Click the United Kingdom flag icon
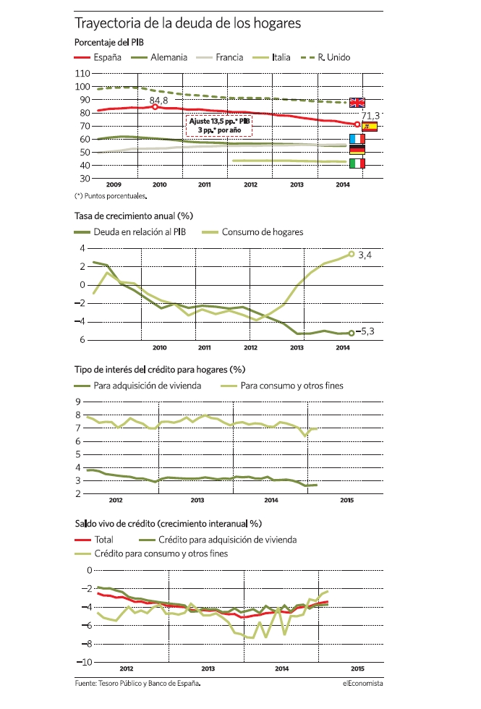click(x=357, y=103)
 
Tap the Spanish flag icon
click(x=370, y=127)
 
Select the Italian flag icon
click(x=357, y=164)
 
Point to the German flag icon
click(x=357, y=150)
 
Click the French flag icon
click(x=357, y=138)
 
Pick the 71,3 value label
click(x=370, y=116)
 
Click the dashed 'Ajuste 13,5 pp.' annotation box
click(x=218, y=126)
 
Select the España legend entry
click(x=98, y=57)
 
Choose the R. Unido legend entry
click(x=325, y=57)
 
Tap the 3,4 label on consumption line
click(x=365, y=255)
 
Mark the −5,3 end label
click(x=365, y=331)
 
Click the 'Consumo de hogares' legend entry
click(x=252, y=232)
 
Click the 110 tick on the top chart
click(x=82, y=73)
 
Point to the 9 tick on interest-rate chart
click(x=78, y=402)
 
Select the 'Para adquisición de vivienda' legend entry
click(x=138, y=386)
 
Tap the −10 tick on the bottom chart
click(x=84, y=662)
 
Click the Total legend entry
click(x=94, y=540)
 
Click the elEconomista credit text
click(x=362, y=683)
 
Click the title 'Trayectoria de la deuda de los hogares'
click(x=187, y=23)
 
